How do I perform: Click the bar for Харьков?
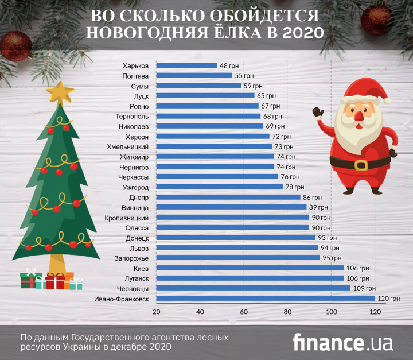tap(186, 65)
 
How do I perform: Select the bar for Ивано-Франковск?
tap(265, 299)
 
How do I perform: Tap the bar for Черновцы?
tap(253, 288)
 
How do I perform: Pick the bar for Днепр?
tap(228, 197)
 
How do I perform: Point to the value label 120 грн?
tap(388, 299)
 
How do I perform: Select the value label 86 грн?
tap(313, 197)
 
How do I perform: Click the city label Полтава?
tap(137, 76)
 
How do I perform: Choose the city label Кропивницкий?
tap(128, 218)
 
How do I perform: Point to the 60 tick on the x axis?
tap(244, 312)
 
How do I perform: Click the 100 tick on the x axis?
tap(331, 312)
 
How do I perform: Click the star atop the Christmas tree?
tap(60, 92)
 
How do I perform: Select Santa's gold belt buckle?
tap(361, 165)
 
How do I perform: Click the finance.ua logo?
tap(342, 342)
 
